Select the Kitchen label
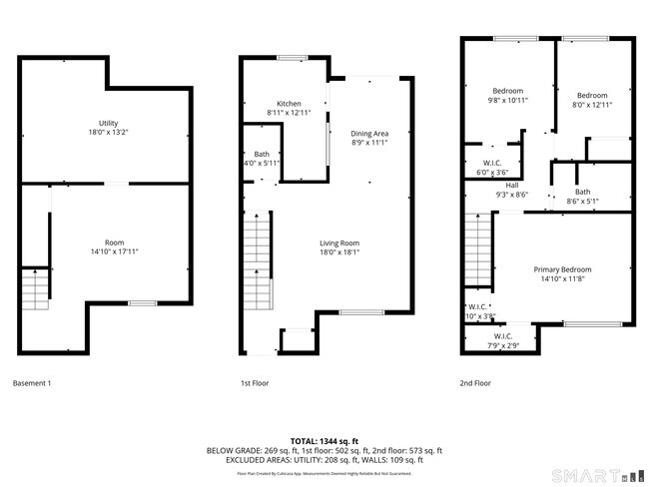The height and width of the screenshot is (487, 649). [x=289, y=104]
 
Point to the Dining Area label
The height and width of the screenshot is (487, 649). [x=368, y=134]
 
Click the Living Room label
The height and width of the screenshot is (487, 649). [x=338, y=243]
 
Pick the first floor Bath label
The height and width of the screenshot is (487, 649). [x=262, y=154]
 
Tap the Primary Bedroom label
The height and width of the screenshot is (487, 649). [x=562, y=269]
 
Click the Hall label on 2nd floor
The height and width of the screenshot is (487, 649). [x=511, y=185]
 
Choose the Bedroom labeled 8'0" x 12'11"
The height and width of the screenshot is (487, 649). [x=591, y=96]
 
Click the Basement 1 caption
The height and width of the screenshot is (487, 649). [x=31, y=383]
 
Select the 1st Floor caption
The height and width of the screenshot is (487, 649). [x=255, y=383]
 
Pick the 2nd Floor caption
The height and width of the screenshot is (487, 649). [x=475, y=383]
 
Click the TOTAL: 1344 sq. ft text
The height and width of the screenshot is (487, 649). [x=324, y=440]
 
